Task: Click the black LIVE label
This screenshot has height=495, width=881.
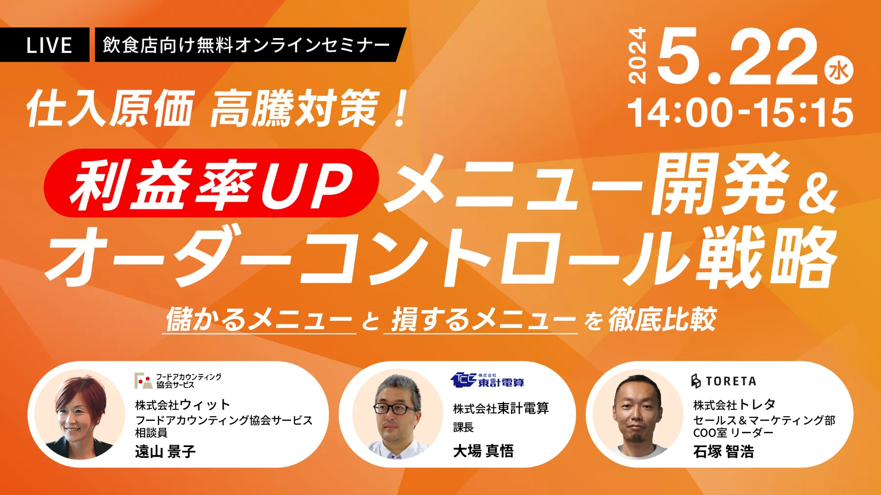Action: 45,45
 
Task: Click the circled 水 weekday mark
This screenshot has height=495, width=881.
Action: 839,71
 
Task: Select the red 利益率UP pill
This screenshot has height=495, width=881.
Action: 211,183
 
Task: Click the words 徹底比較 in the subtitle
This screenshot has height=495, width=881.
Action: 663,320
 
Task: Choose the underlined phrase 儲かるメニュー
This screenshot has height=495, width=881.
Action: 259,320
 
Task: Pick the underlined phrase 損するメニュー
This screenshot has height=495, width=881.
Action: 482,320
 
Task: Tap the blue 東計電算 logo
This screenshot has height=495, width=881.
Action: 487,380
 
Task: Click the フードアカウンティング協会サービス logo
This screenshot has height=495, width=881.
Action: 178,381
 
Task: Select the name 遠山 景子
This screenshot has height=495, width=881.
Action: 165,451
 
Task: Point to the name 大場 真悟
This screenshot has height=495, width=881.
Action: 484,450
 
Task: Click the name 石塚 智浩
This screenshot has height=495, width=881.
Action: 723,451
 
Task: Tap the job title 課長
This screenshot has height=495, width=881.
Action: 464,427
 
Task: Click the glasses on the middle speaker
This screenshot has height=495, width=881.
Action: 396,408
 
